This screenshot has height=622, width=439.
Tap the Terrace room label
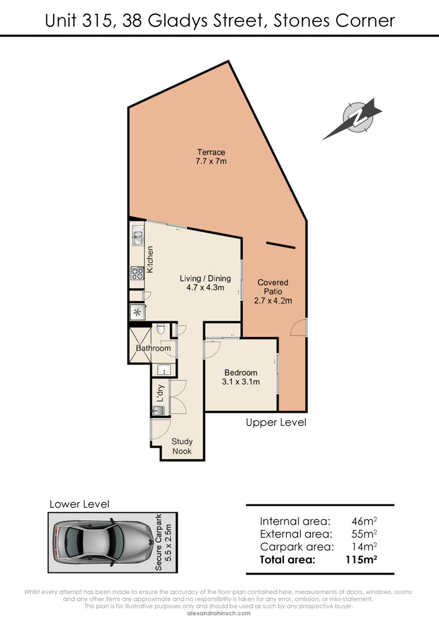pyautogui.click(x=211, y=157)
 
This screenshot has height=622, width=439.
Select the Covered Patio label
pyautogui.click(x=273, y=292)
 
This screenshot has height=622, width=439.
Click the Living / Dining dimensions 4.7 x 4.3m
pyautogui.click(x=205, y=287)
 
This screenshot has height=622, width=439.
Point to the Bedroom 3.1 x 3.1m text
pyautogui.click(x=241, y=377)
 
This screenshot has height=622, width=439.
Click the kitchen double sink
pyautogui.click(x=138, y=235)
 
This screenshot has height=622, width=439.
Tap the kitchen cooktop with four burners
pyautogui.click(x=138, y=273)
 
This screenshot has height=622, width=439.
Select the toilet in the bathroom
pyautogui.click(x=160, y=328)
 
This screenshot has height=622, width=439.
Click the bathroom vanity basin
pyautogui.click(x=164, y=370)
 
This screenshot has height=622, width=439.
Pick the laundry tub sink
pyautogui.click(x=158, y=411)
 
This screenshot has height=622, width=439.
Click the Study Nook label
pyautogui.click(x=182, y=446)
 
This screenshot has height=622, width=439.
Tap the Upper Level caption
pyautogui.click(x=276, y=423)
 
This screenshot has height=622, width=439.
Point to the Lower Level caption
pyautogui.click(x=80, y=504)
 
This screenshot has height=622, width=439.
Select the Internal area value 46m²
pyautogui.click(x=364, y=521)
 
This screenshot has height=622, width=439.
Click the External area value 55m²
pyautogui.click(x=364, y=534)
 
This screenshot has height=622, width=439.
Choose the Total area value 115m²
pyautogui.click(x=361, y=559)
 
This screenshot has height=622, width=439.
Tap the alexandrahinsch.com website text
pyautogui.click(x=219, y=613)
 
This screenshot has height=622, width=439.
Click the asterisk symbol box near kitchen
pyautogui.click(x=137, y=313)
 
